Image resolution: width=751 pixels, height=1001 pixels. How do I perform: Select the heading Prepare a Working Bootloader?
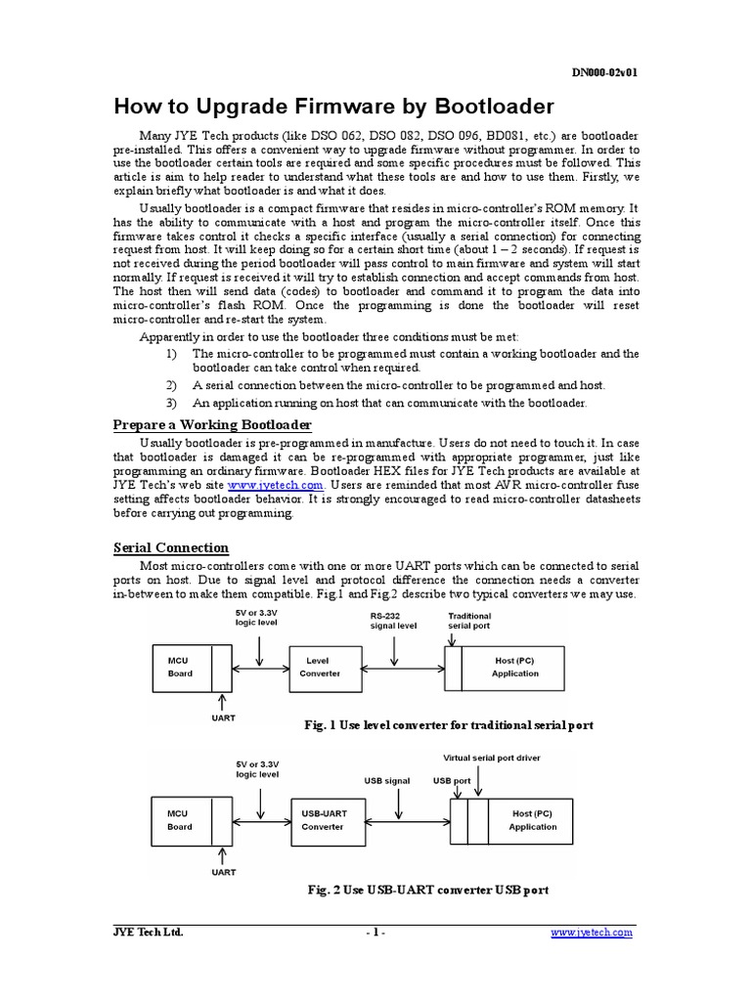coord(212,424)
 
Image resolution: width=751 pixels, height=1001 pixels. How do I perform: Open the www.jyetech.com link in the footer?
coord(592,933)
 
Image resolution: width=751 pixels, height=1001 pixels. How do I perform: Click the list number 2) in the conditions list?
coord(171,386)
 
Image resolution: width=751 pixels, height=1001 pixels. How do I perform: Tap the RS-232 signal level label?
coord(393,622)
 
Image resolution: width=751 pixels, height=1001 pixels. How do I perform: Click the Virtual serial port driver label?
coord(492,758)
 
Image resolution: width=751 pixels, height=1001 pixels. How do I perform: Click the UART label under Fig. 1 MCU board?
coord(224,717)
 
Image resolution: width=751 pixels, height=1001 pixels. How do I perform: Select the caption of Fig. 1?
coord(450,725)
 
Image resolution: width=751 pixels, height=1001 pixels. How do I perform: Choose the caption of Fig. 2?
coord(427,890)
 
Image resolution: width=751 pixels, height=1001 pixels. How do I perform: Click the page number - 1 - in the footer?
coord(375,933)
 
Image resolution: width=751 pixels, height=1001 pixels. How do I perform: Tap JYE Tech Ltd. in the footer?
coord(149,933)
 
